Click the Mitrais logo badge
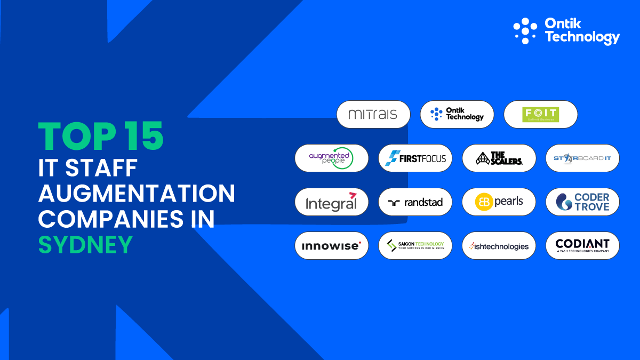coord(373,114)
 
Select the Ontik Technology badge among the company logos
coord(457,114)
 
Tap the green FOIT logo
coord(540,114)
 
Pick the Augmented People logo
coord(332,158)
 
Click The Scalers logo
coord(499,158)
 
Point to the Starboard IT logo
coord(582,158)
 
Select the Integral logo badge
coord(332,202)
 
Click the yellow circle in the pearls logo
coord(484,202)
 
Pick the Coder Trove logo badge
coord(582,202)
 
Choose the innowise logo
coord(332,245)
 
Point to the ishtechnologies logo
coord(499,245)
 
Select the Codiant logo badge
coord(582,245)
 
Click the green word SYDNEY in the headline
coord(85,245)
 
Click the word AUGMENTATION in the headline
coord(137,193)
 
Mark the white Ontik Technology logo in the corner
coord(566,30)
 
